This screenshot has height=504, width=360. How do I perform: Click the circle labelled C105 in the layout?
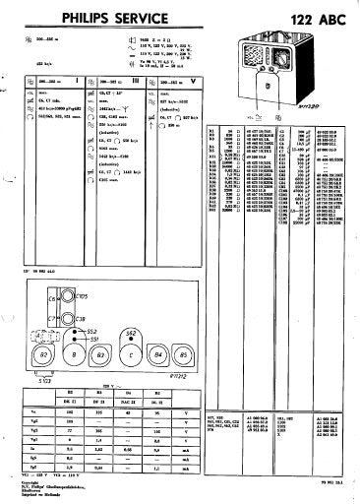pos(68,296)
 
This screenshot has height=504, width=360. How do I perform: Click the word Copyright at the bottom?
pos(27,481)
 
